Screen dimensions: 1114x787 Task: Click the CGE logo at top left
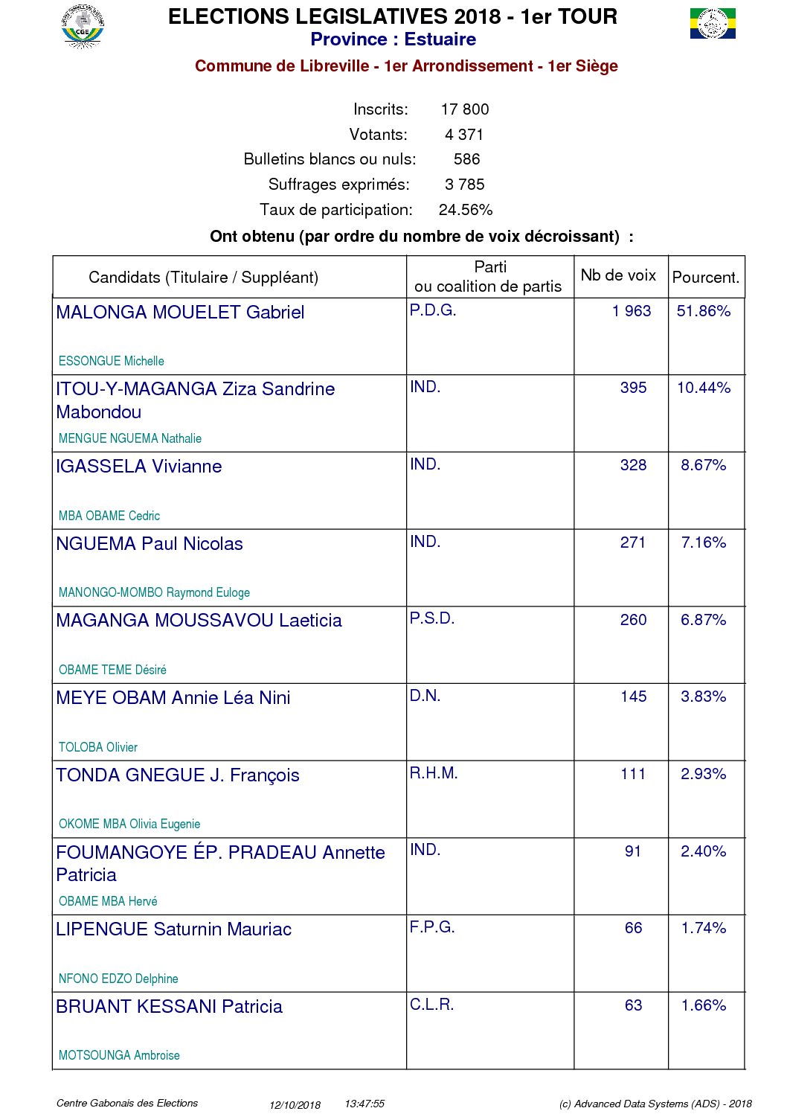83,28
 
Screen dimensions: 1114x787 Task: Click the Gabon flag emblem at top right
712,24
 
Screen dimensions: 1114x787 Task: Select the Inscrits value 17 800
464,109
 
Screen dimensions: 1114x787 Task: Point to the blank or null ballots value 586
466,159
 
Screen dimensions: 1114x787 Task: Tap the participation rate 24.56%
465,210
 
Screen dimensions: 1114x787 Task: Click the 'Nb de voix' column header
618,275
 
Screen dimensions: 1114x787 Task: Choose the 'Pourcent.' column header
705,278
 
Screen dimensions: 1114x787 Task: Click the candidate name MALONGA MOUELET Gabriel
180,313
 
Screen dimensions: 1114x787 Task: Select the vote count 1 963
632,311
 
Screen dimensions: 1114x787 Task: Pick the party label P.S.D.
431,618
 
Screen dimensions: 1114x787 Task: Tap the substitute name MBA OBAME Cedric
109,516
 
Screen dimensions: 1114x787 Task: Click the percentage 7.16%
703,542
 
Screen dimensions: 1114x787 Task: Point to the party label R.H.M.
434,773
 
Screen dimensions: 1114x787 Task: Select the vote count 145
633,697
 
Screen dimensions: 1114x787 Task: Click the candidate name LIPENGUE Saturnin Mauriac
173,929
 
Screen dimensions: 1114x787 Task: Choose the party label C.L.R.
431,1005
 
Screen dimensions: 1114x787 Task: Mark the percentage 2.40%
703,851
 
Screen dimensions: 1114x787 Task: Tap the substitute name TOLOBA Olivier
98,747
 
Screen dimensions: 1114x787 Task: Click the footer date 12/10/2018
295,1105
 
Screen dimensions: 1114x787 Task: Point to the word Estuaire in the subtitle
440,39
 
